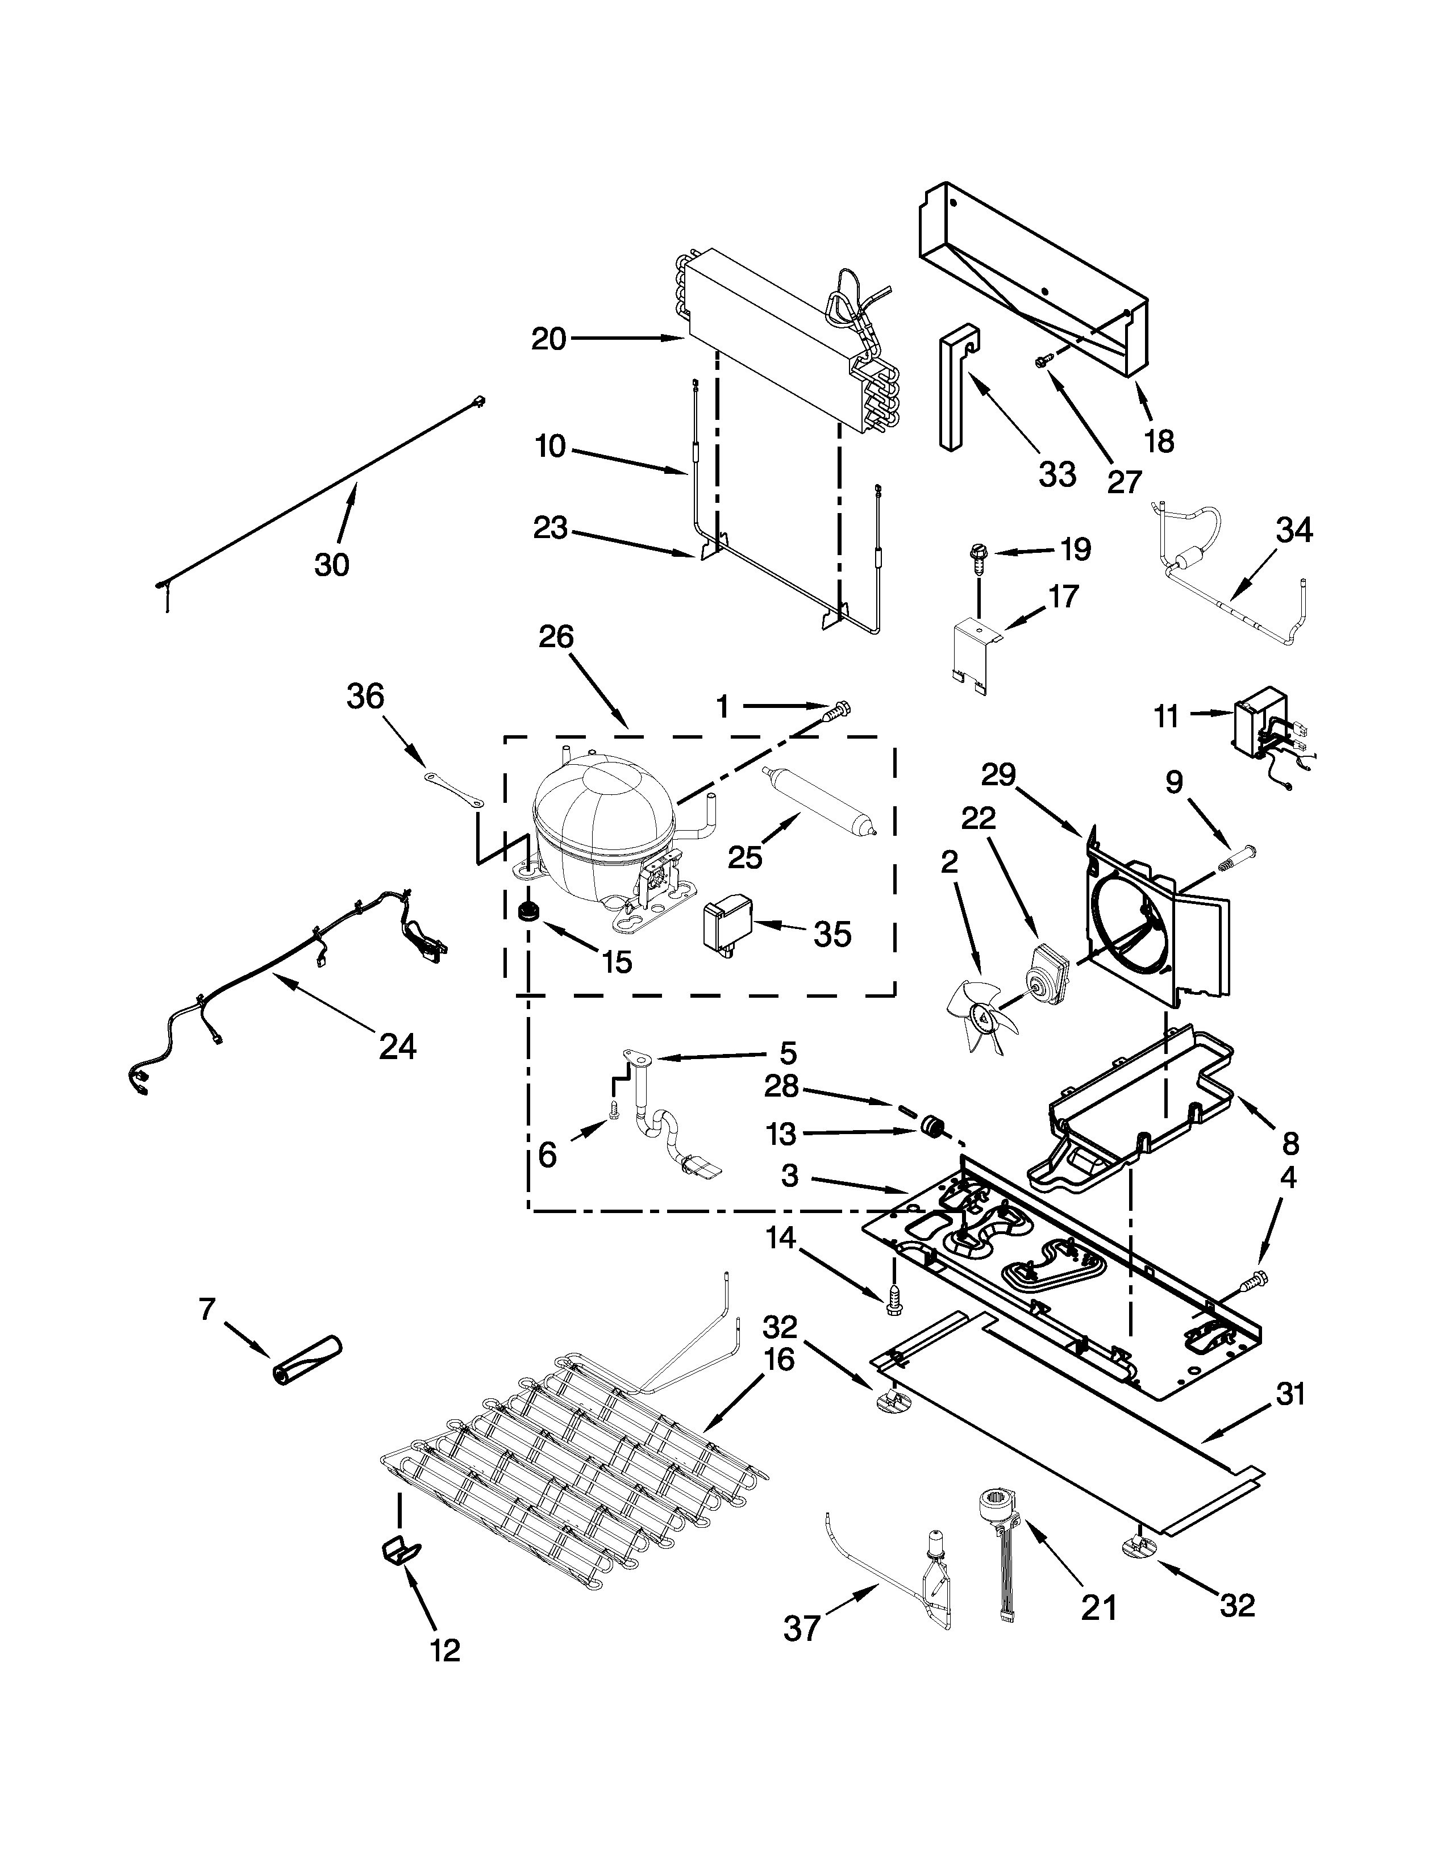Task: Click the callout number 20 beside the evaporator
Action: click(548, 339)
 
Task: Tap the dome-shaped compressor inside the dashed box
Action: click(601, 824)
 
